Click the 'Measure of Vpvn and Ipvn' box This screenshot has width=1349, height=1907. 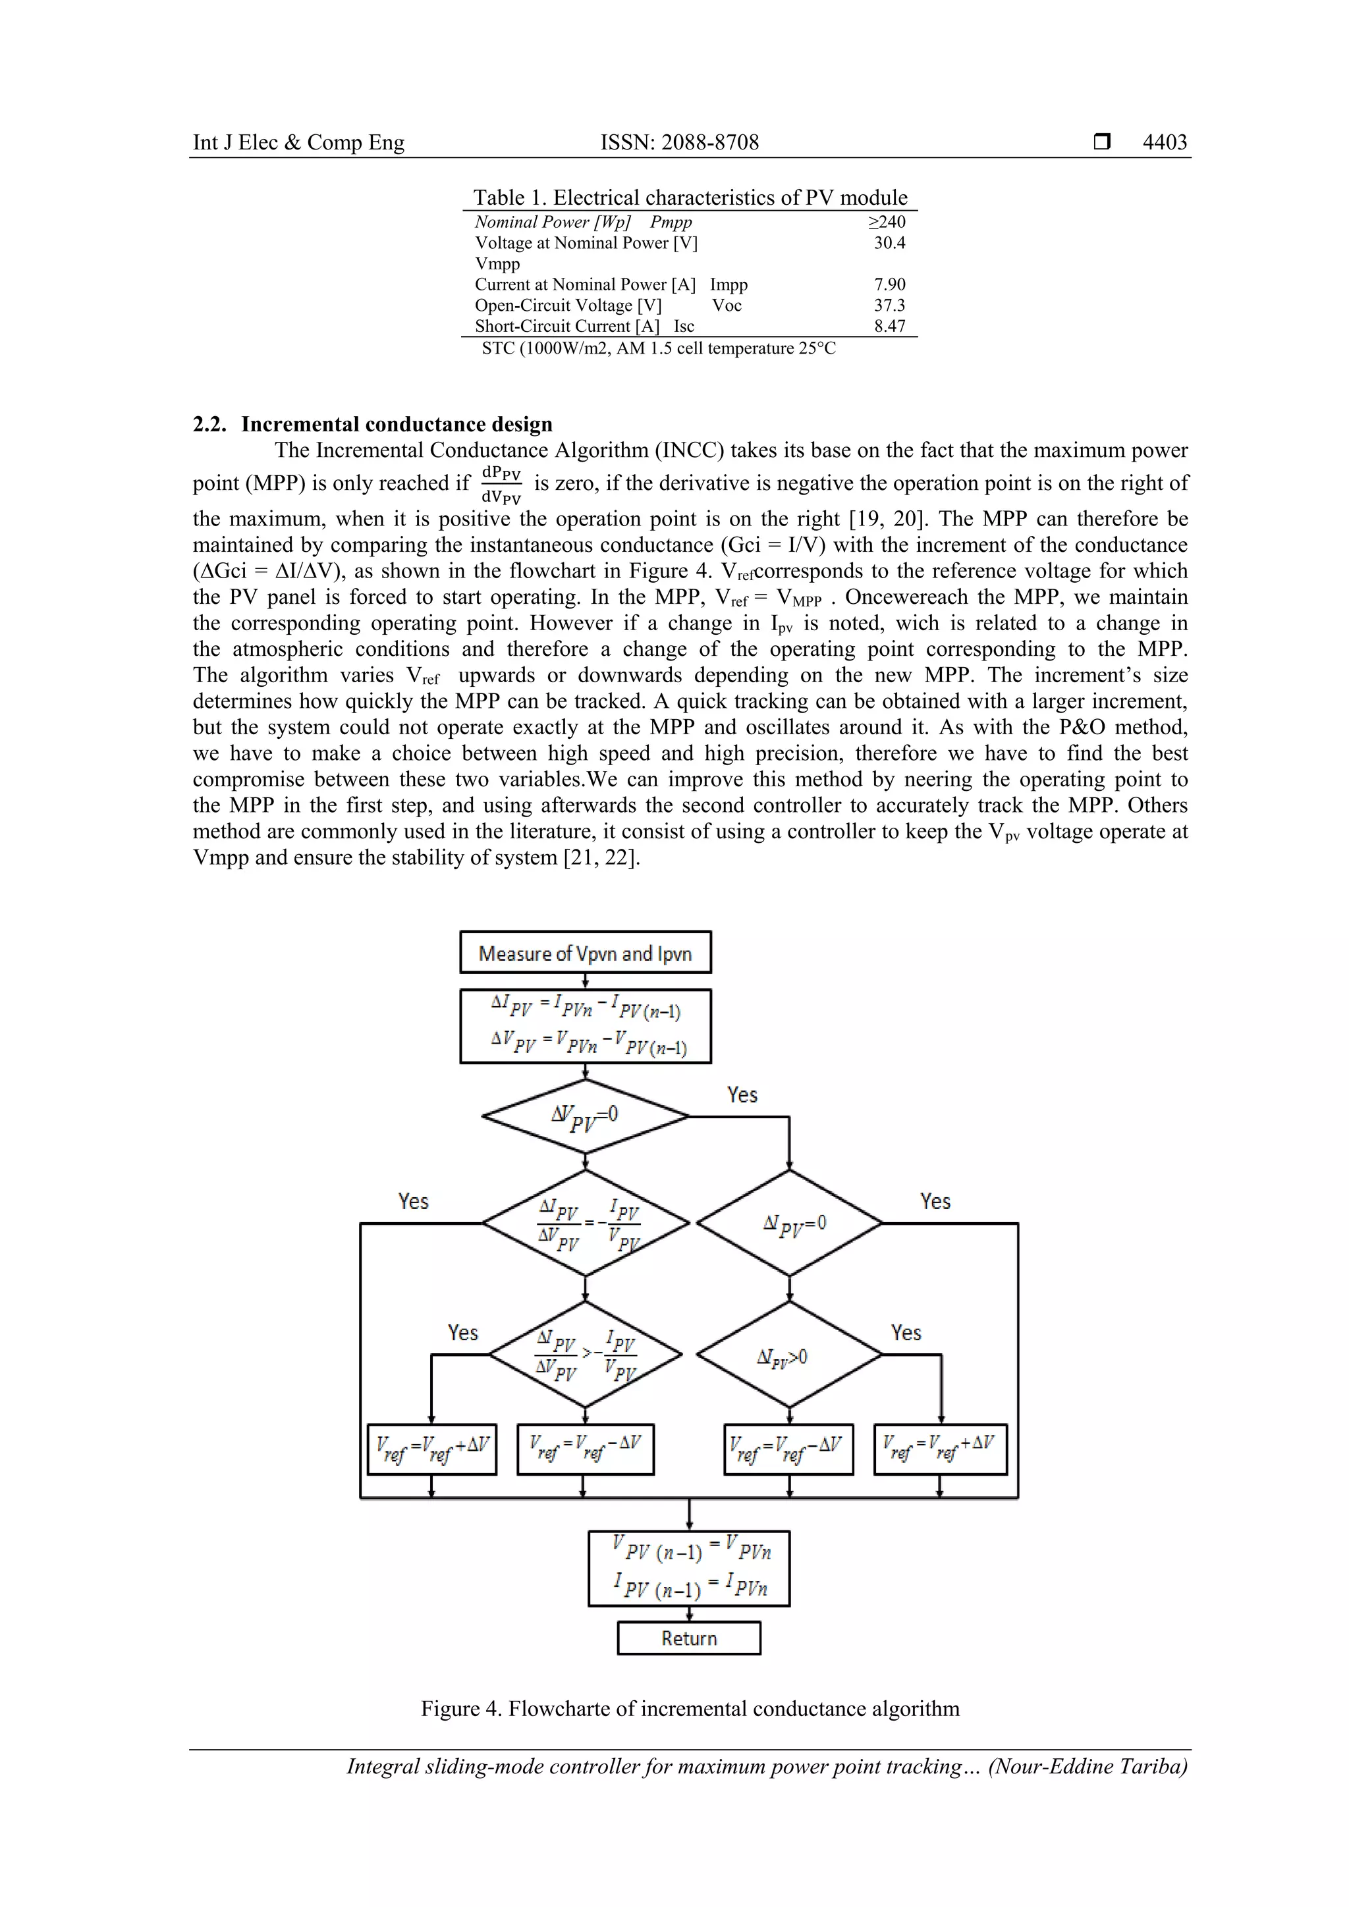pos(585,953)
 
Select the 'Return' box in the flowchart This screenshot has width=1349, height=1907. pos(688,1638)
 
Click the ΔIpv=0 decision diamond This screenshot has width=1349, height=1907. pos(789,1223)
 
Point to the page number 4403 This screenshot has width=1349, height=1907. pos(1165,142)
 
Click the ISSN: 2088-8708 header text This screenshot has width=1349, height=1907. pos(680,142)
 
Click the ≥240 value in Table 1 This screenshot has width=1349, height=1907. pos(887,222)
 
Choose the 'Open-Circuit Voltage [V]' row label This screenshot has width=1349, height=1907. pos(568,306)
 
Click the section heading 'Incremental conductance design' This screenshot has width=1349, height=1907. pos(397,425)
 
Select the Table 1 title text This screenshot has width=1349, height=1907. pos(690,198)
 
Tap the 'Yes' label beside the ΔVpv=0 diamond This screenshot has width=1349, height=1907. pos(742,1094)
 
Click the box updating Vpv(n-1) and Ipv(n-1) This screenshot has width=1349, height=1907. pos(688,1569)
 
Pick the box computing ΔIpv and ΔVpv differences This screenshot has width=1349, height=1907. pos(585,1026)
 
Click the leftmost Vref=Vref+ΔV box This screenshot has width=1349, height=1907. pos(432,1449)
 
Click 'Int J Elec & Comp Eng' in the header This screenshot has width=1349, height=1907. pos(298,142)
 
